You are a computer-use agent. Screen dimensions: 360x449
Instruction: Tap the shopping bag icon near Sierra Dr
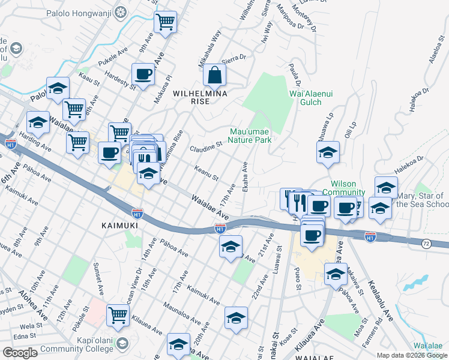click(x=214, y=76)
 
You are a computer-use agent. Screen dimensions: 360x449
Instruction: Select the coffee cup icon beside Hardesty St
click(x=143, y=74)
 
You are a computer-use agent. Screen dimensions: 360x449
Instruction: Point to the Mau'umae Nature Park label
click(x=251, y=136)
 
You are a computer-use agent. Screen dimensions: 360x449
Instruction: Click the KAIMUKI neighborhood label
click(x=119, y=225)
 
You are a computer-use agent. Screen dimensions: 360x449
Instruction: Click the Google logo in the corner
click(x=20, y=353)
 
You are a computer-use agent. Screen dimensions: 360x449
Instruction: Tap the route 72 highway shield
click(x=426, y=244)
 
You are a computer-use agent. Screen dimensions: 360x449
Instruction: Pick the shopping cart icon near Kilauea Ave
click(x=118, y=314)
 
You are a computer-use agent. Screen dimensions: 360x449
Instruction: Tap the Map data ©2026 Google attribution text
click(x=411, y=355)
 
